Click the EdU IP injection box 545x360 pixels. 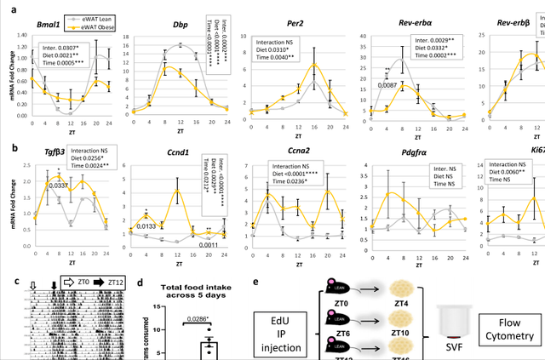(x=281, y=324)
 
